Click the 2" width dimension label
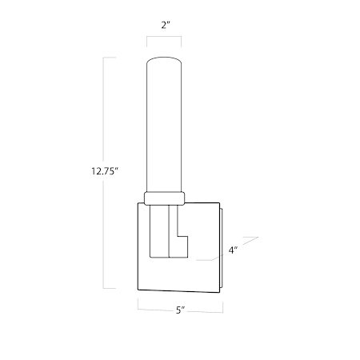coord(166,26)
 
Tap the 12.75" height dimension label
coord(105,171)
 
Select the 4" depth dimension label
coord(233,250)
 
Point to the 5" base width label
coord(180,310)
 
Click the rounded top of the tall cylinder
coord(164,58)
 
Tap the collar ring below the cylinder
coord(164,198)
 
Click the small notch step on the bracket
coord(182,236)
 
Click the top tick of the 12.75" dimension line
coord(110,58)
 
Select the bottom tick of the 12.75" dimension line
coord(110,288)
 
